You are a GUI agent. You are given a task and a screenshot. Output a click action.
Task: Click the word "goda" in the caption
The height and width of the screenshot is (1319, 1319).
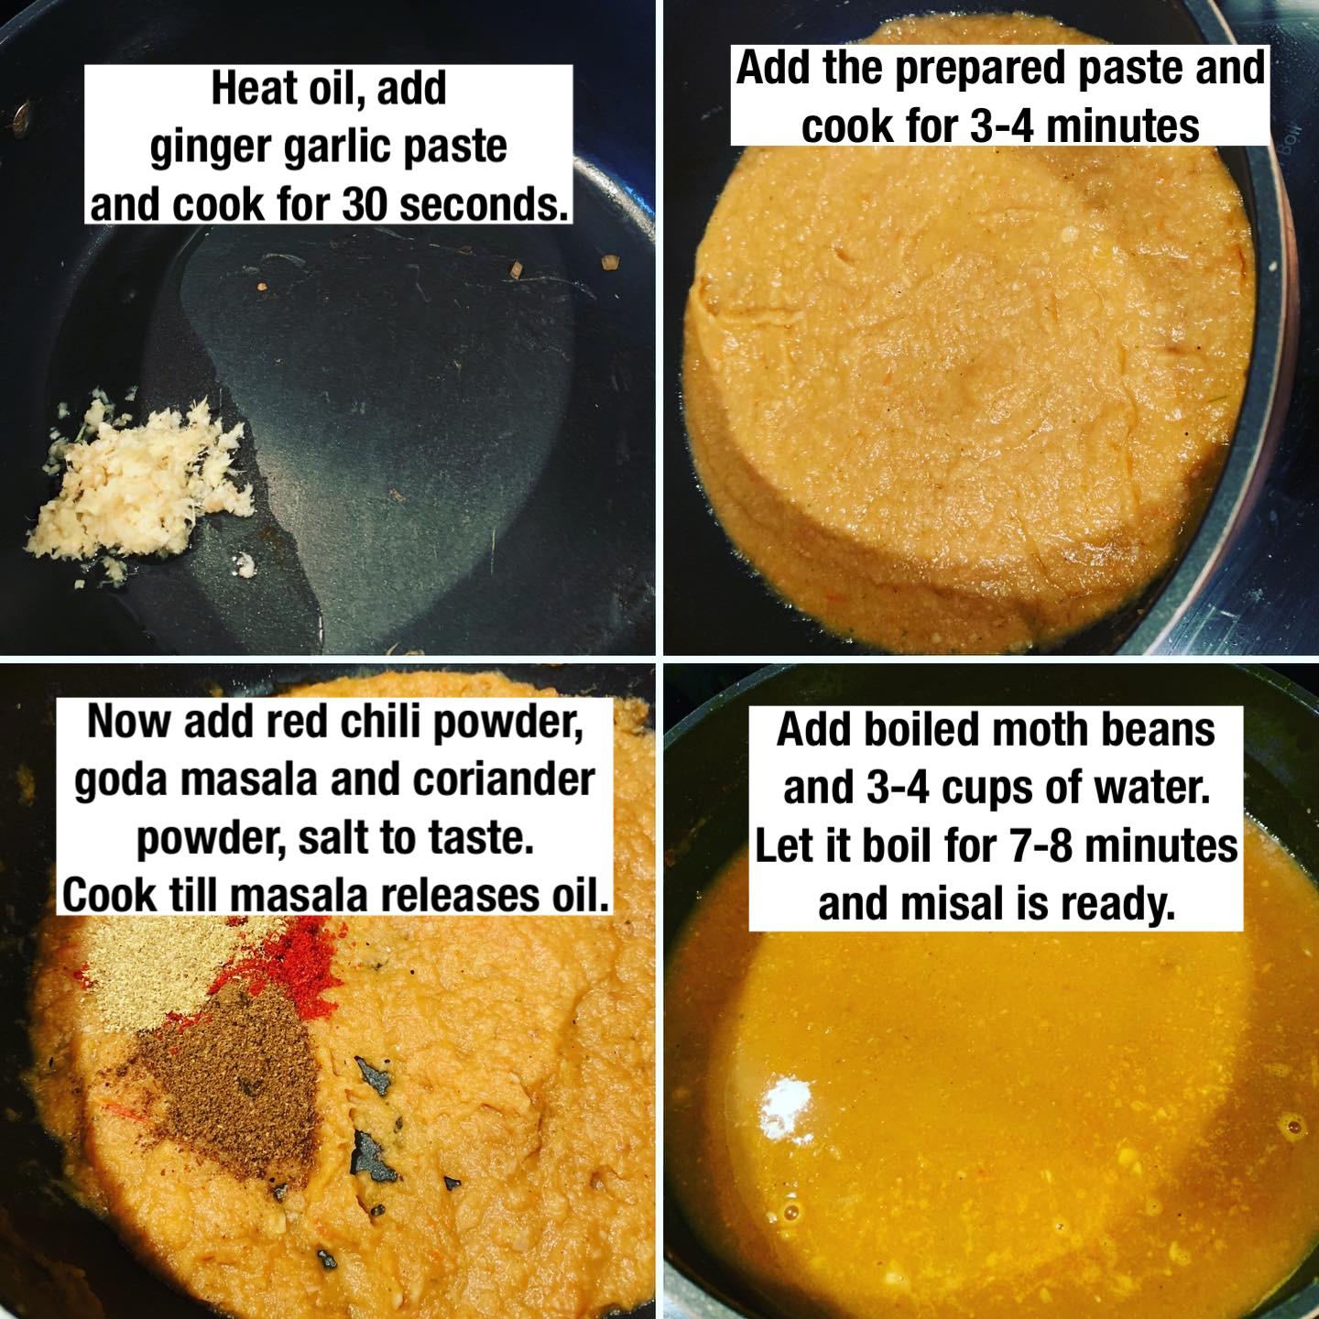tap(119, 780)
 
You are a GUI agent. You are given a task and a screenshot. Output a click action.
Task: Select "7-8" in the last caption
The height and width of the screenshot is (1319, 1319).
tap(1039, 846)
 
